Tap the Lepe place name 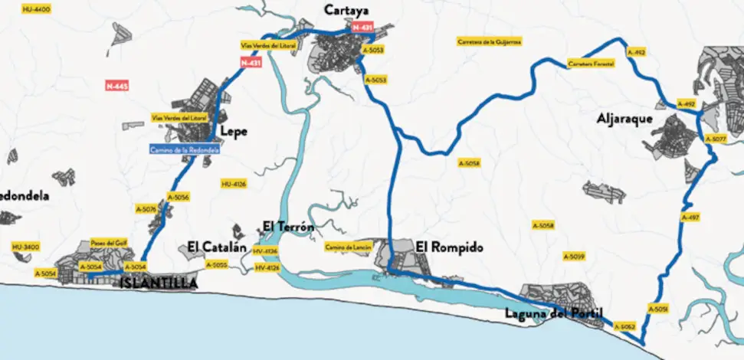(x=233, y=131)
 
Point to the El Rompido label (x=450, y=247)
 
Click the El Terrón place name (x=287, y=225)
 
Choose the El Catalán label (x=218, y=247)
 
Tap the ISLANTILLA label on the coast (x=158, y=283)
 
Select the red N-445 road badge (x=116, y=86)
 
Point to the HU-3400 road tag (x=25, y=247)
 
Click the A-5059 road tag (x=574, y=256)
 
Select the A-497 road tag (x=690, y=218)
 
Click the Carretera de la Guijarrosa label (x=488, y=41)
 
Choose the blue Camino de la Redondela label (x=185, y=150)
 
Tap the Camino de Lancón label (x=343, y=247)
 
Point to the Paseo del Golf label (x=108, y=242)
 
